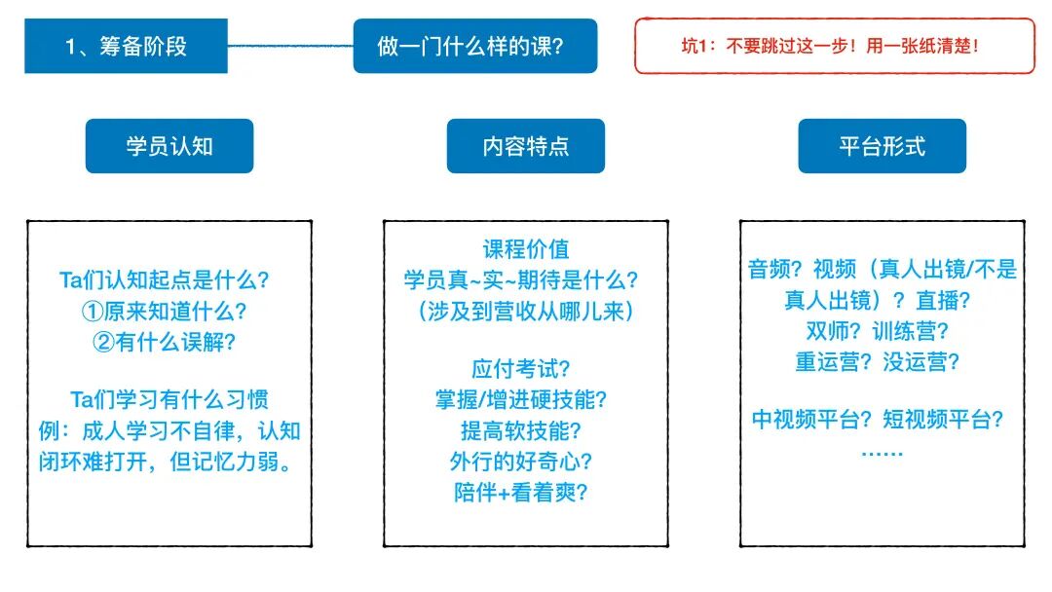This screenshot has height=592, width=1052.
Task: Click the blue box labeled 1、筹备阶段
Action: tap(126, 46)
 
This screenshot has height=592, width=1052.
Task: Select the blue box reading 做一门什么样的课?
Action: tap(474, 46)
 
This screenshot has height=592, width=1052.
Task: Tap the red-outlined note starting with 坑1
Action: tap(834, 46)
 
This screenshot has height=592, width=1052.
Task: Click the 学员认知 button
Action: tap(169, 146)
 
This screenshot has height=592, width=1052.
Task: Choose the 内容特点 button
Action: tap(526, 146)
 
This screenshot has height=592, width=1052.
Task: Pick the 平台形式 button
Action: tap(882, 146)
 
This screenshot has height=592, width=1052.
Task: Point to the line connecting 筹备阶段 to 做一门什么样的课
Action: tap(290, 45)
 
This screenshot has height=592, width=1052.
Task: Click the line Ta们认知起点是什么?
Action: tap(164, 280)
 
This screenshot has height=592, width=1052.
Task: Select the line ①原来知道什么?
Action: tap(164, 312)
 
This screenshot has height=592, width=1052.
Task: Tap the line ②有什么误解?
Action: tap(164, 343)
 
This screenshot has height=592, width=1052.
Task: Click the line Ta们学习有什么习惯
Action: tap(169, 399)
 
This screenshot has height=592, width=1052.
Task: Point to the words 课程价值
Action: tap(526, 249)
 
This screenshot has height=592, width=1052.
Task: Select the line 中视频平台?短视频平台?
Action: tap(878, 420)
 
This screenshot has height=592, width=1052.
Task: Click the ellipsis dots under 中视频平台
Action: tap(883, 453)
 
